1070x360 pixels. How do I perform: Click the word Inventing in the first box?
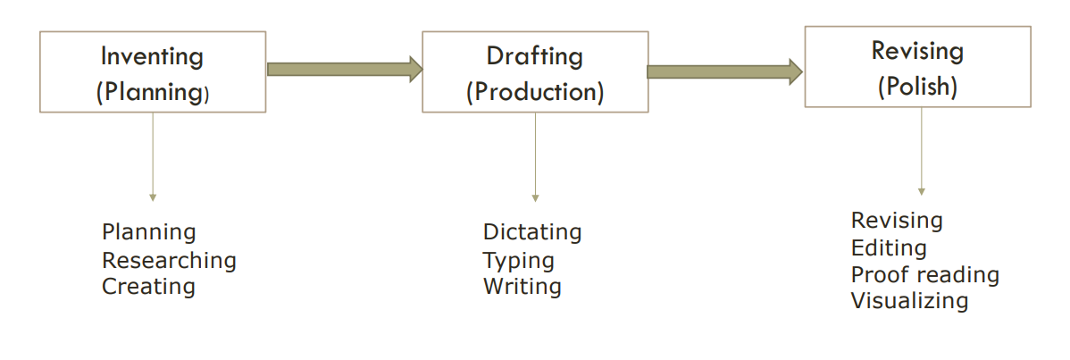(x=152, y=57)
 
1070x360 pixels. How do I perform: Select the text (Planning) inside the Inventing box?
(x=152, y=92)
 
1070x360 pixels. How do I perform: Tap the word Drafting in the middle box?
(x=534, y=56)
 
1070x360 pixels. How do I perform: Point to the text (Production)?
(x=534, y=91)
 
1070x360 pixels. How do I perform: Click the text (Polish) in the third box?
(x=917, y=87)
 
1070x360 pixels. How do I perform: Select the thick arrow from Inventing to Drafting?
(x=344, y=69)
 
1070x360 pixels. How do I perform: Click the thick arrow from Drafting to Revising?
(x=724, y=71)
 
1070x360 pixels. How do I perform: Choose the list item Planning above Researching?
(x=148, y=232)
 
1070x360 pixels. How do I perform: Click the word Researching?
(x=169, y=260)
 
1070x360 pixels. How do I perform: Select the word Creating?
(x=148, y=287)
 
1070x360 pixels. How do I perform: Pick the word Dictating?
(x=532, y=232)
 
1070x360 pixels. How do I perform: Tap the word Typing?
(x=519, y=260)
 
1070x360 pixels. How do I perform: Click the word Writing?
(x=522, y=287)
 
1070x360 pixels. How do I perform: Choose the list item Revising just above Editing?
(x=897, y=220)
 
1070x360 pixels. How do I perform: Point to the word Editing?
(x=889, y=247)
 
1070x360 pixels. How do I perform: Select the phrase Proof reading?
(x=924, y=274)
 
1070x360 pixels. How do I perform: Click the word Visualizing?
(x=909, y=301)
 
